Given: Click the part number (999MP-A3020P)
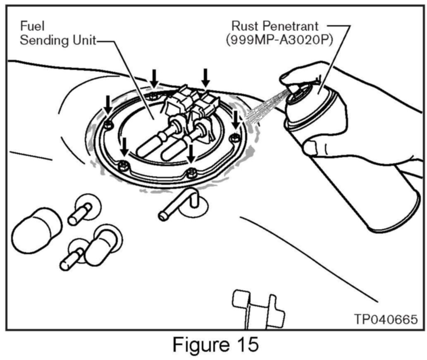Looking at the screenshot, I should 279,41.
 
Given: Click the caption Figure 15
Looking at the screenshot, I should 215,344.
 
